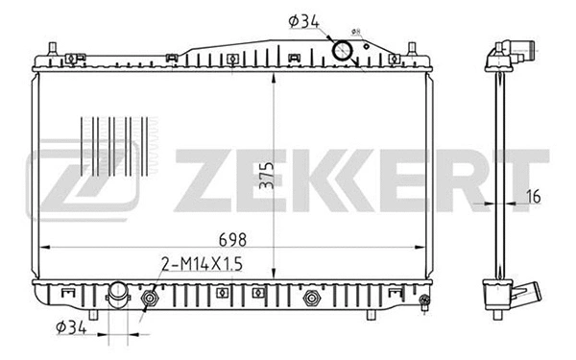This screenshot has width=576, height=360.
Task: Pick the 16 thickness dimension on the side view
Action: click(534, 196)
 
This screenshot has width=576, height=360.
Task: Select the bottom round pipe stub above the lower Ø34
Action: click(118, 293)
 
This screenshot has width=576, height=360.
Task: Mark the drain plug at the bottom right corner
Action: click(423, 306)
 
